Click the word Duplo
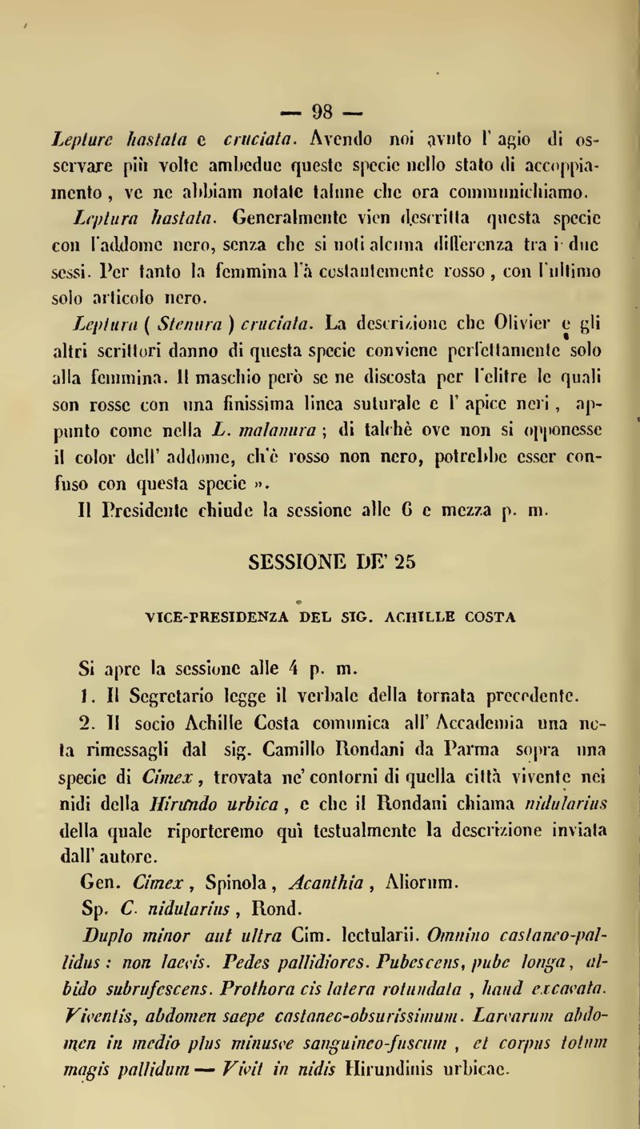[x=114, y=900]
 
